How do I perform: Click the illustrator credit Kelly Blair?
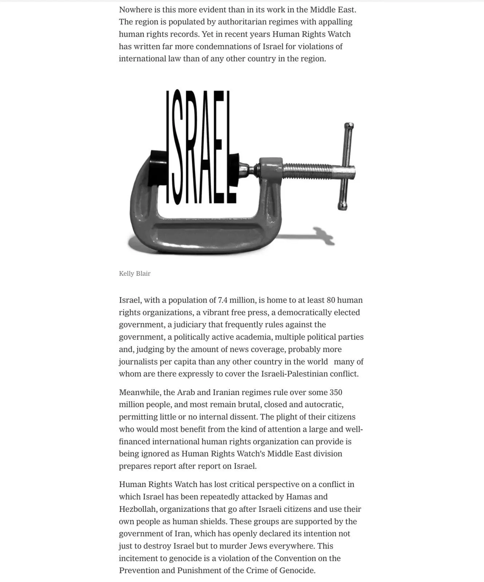coord(135,274)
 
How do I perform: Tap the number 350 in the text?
coord(336,392)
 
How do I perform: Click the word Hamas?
coord(299,497)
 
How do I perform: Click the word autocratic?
coord(324,404)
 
